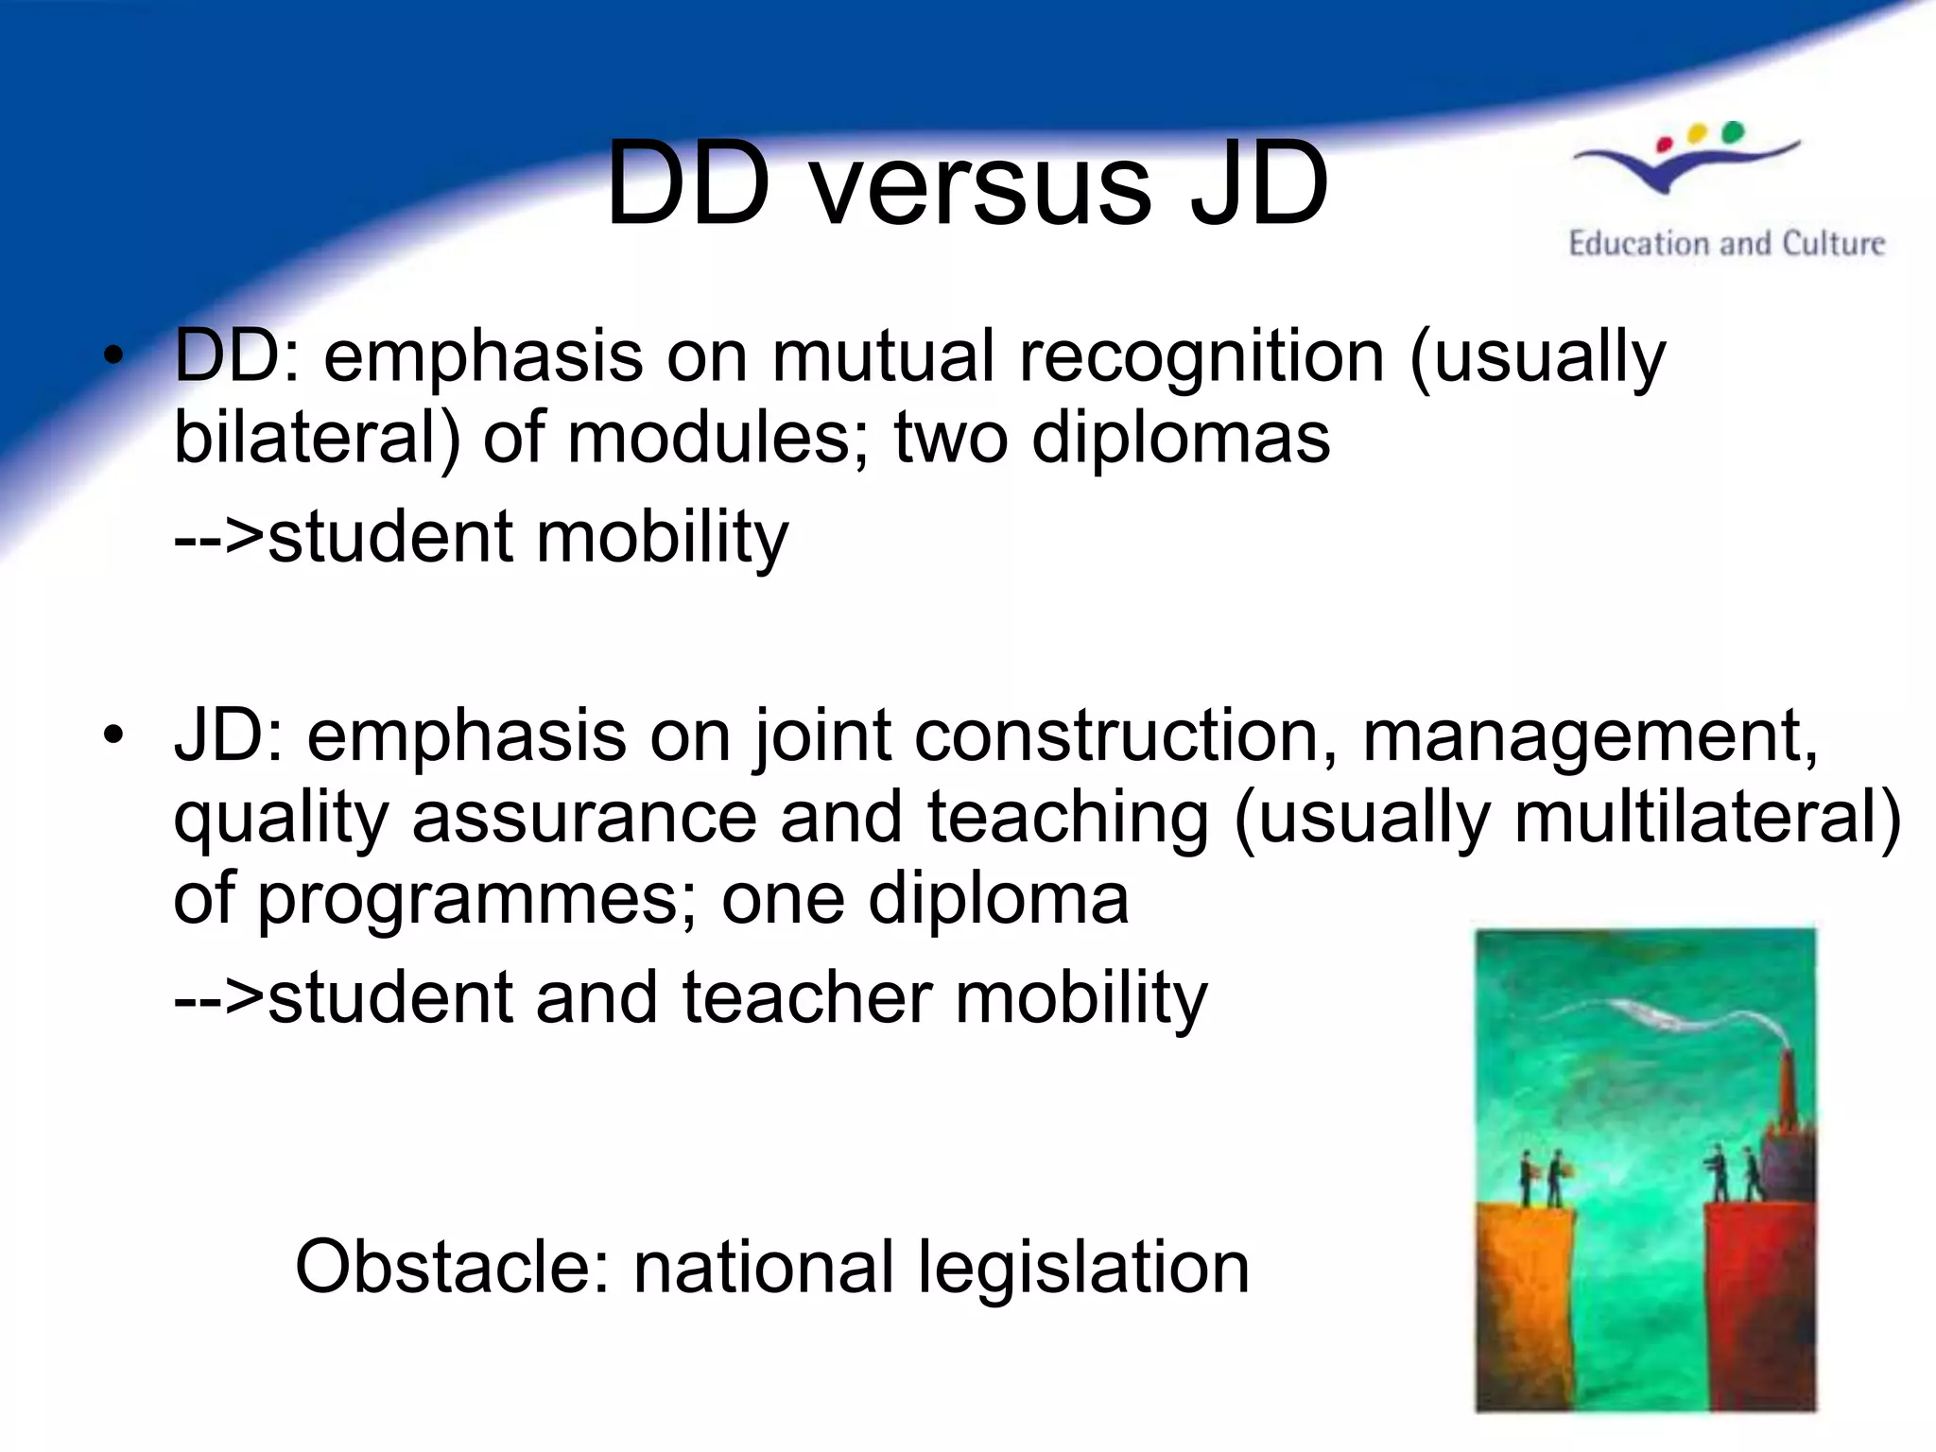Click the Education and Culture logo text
coord(1726,244)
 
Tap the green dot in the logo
coord(1732,132)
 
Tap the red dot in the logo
coord(1665,145)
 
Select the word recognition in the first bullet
coord(1201,356)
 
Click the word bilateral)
coord(318,438)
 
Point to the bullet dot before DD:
coord(114,356)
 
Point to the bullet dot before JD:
coord(114,735)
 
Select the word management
coord(1588,735)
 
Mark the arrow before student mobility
coord(218,537)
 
